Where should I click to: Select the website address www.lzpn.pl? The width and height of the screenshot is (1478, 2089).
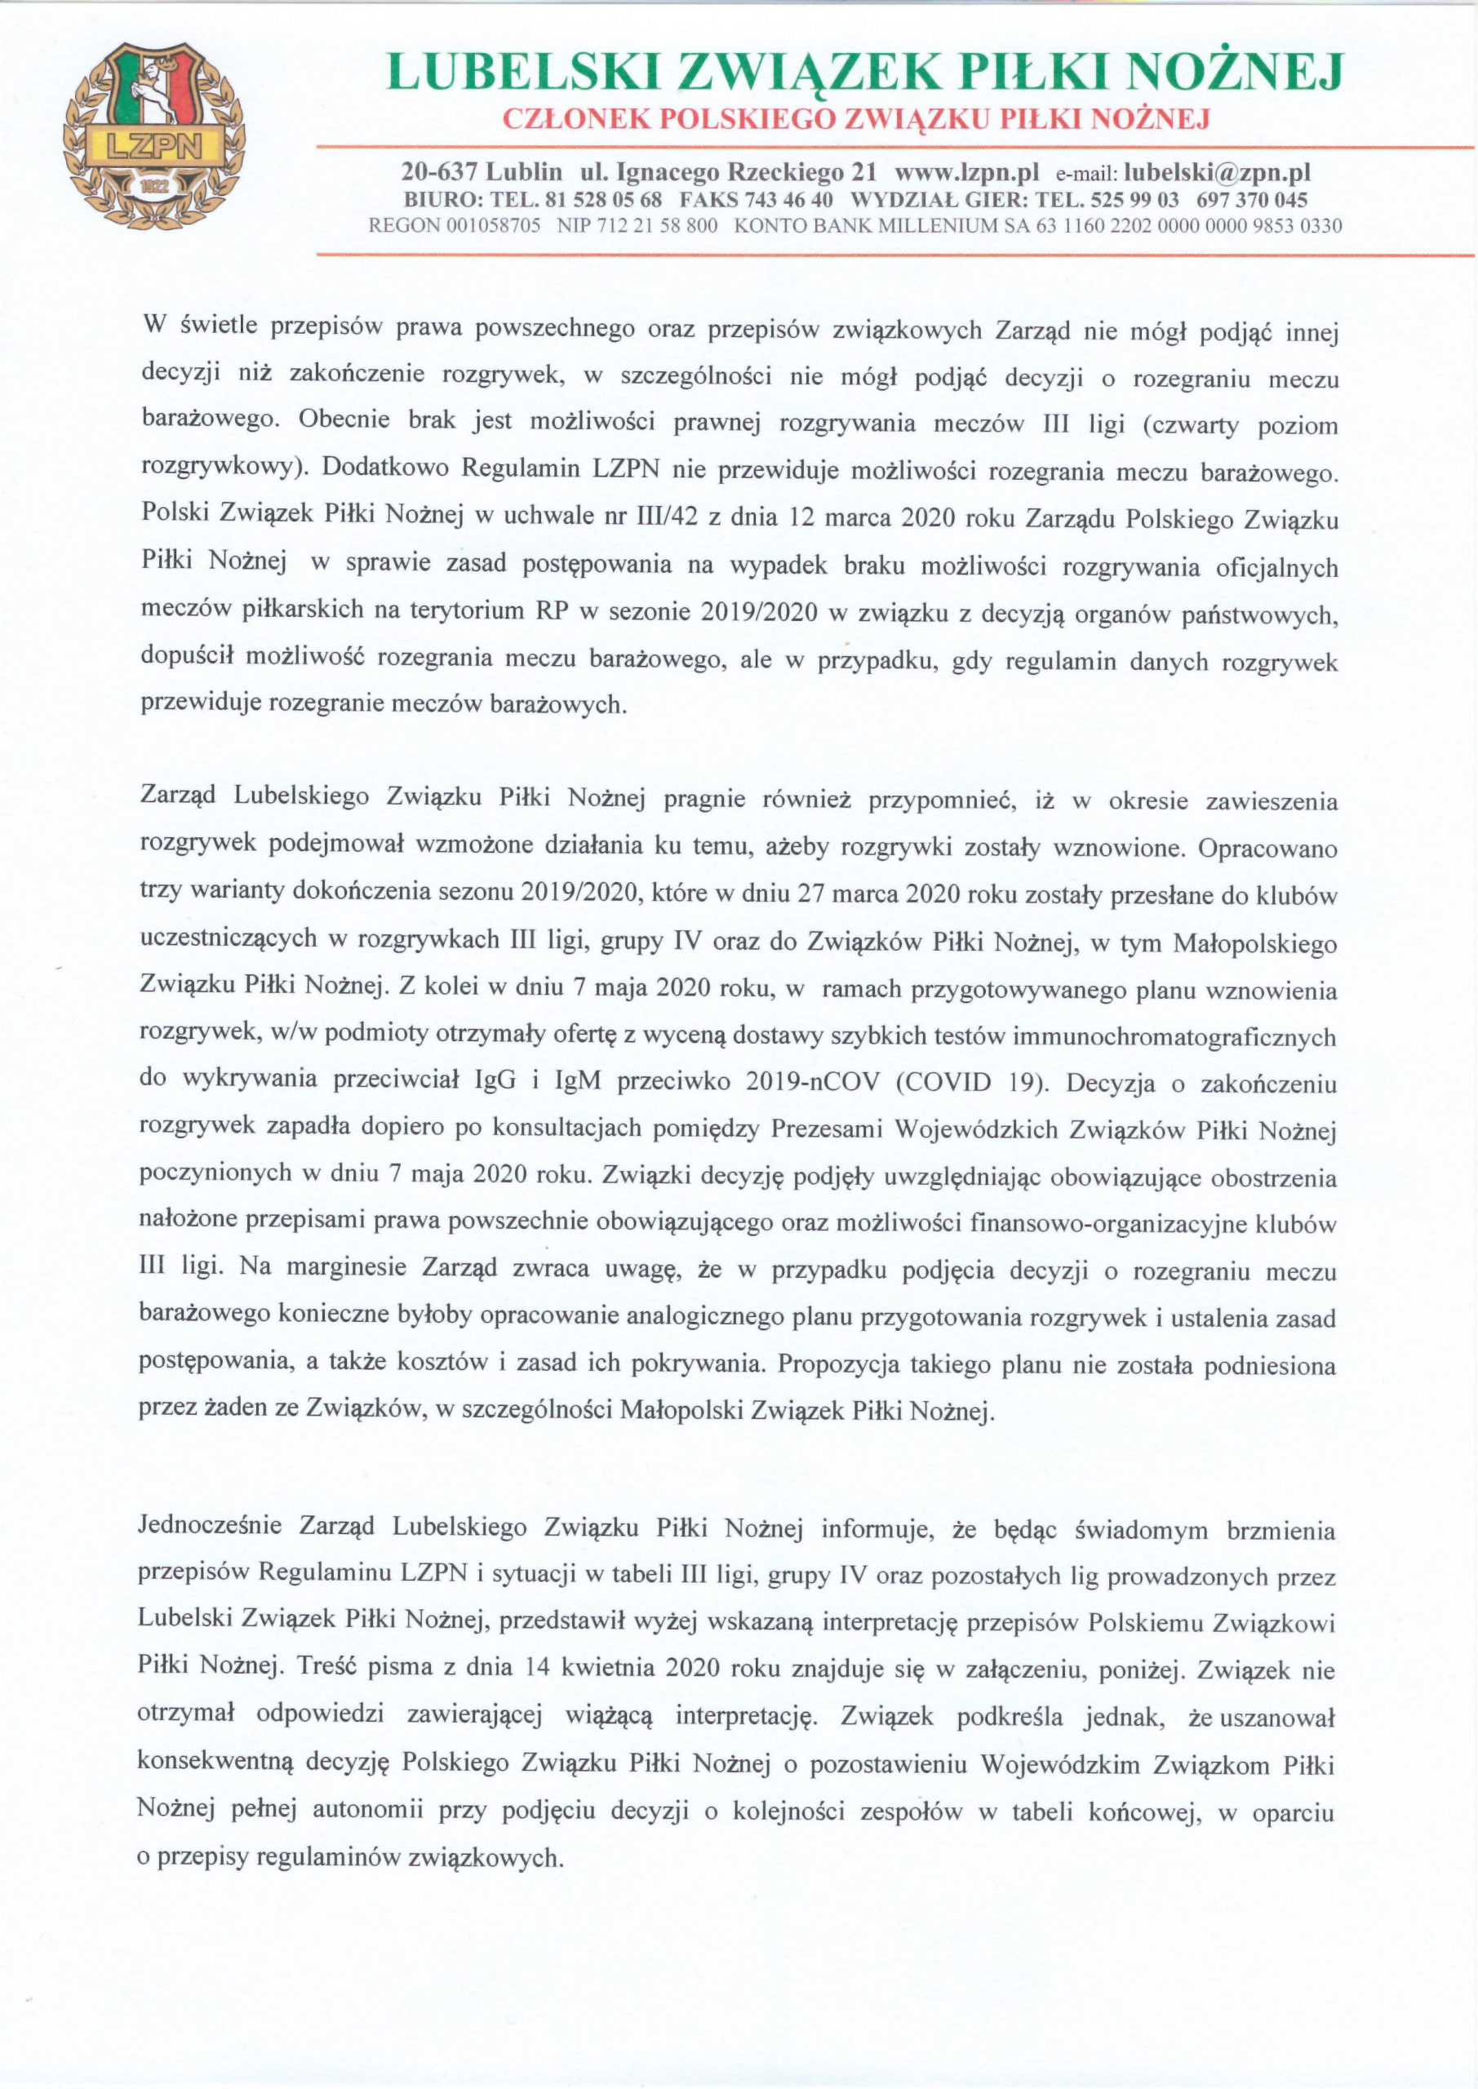coord(966,172)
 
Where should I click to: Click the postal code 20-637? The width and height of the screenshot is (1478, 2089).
coord(441,172)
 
